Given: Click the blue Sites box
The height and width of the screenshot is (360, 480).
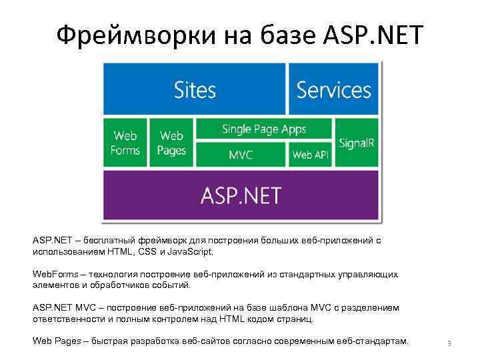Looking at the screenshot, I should [194, 89].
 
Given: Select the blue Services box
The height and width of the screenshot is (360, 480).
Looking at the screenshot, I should [333, 89].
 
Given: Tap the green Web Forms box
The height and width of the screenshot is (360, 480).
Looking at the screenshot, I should [125, 143].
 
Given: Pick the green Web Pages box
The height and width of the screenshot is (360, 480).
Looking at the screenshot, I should [171, 143].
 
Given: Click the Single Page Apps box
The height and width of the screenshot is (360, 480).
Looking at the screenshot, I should [264, 129].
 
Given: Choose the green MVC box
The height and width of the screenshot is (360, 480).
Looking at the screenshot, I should [241, 155].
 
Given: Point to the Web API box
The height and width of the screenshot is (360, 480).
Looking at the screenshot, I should [311, 155].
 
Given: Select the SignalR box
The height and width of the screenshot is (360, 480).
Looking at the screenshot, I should [357, 143].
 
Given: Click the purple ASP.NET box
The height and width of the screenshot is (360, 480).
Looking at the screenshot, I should [241, 195].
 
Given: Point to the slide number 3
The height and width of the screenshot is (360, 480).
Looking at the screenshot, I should [449, 344].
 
